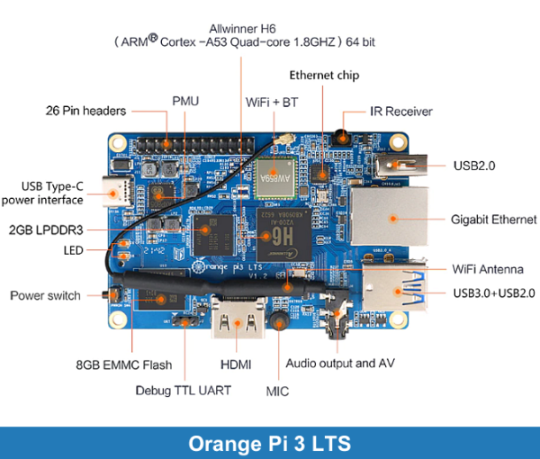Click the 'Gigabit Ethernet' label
coord(493,220)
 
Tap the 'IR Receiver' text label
coord(401,112)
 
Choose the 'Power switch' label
coord(45,295)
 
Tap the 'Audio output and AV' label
coord(342,364)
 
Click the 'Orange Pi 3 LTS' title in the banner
coord(270,443)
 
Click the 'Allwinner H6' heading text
coord(242,27)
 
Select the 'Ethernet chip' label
coord(324,76)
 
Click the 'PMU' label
coord(185,100)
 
